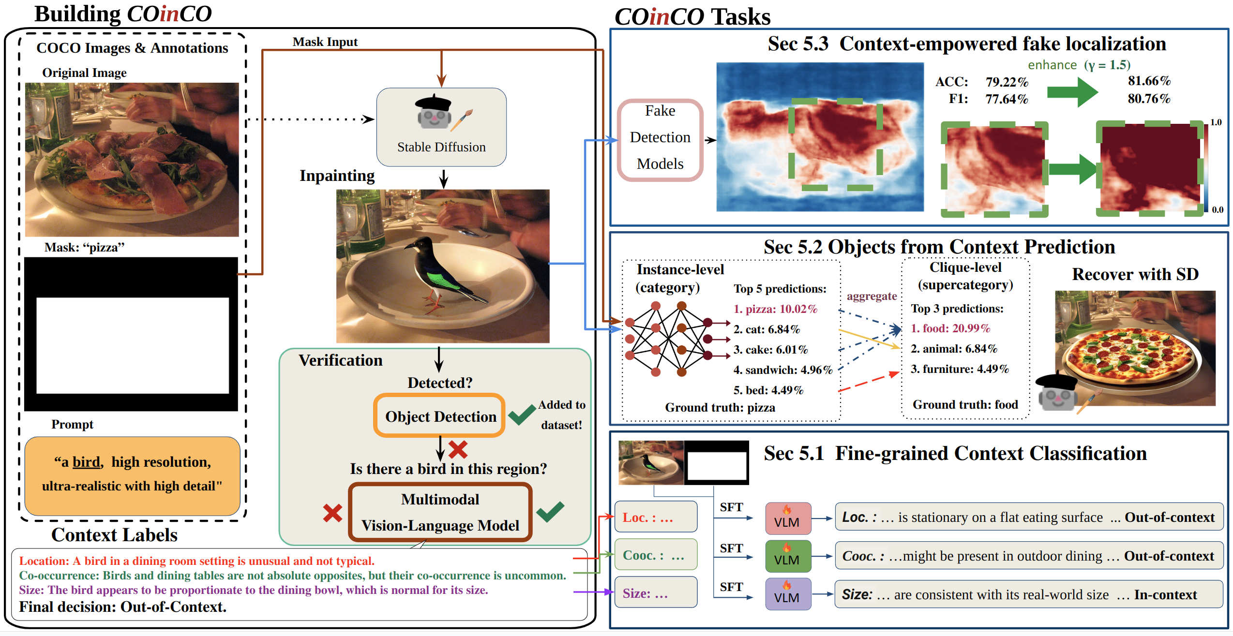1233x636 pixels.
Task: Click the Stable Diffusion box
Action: coord(441,127)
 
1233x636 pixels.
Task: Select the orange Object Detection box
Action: coord(439,416)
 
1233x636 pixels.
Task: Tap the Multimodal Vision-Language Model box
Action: coord(440,512)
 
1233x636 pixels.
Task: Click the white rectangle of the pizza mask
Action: coord(133,345)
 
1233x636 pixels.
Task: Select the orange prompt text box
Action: coord(132,475)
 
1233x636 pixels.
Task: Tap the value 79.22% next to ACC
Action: coord(1007,82)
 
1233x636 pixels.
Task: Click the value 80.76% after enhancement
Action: coord(1149,99)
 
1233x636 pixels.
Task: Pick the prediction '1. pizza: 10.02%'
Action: coord(775,309)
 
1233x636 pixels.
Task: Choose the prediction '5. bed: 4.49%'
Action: coord(768,390)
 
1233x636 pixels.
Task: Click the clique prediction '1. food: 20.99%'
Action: coord(950,328)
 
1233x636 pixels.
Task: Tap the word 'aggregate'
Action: coord(872,296)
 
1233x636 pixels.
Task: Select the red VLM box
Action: coord(788,518)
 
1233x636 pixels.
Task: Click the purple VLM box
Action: coord(788,594)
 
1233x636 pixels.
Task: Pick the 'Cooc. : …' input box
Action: coord(656,555)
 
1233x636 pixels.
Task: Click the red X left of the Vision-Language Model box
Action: coord(332,513)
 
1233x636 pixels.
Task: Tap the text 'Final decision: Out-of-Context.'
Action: coord(123,607)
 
